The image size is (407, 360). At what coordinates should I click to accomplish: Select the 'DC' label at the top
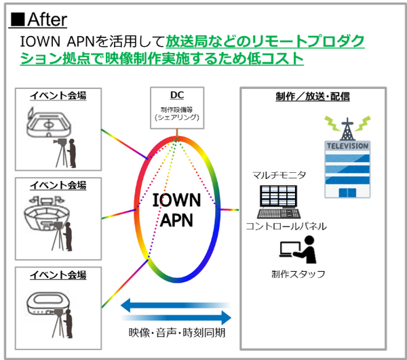pos(177,96)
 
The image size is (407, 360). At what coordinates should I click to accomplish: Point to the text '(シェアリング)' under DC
pos(177,117)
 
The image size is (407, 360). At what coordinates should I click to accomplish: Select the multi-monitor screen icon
pos(277,199)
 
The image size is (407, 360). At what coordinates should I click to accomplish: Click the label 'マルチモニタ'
pos(279,175)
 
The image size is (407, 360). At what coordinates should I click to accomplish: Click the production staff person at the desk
pos(305,251)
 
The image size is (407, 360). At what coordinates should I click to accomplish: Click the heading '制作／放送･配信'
pos(313,96)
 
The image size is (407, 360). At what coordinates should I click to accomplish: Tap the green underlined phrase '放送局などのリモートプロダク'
pos(265,43)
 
